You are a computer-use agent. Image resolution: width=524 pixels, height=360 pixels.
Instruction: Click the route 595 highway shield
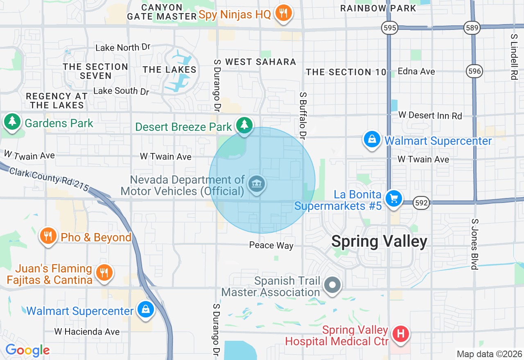(x=390, y=28)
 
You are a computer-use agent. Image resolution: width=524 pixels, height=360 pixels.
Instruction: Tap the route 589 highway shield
(x=472, y=28)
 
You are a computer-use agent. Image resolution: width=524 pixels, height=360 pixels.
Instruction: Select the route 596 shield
(x=474, y=72)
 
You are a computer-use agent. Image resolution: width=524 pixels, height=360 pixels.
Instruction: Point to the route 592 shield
(x=421, y=202)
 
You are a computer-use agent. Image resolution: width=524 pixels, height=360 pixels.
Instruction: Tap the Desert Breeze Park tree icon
(x=244, y=124)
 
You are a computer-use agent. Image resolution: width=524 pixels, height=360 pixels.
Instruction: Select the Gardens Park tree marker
(x=13, y=122)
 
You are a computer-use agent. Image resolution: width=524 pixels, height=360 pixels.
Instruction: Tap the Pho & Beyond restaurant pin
(x=48, y=236)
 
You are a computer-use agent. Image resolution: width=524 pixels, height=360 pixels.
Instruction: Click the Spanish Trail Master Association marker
(x=332, y=285)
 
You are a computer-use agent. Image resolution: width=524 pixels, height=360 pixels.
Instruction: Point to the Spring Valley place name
(x=379, y=241)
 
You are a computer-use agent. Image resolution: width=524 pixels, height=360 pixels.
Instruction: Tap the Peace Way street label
(x=271, y=245)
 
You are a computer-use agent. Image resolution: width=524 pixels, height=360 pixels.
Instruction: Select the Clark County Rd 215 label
(x=49, y=179)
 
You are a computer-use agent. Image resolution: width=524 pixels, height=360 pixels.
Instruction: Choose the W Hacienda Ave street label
(x=87, y=331)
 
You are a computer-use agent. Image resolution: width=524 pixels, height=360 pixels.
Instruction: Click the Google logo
(x=27, y=351)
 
